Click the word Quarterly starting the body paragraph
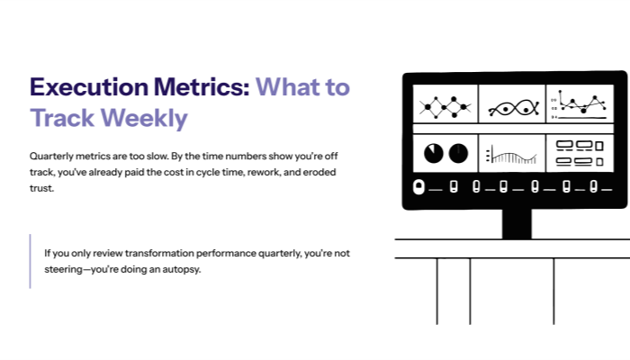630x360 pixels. pos(52,156)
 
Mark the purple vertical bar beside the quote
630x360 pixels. pos(30,261)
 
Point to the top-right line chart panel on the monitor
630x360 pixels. pos(579,104)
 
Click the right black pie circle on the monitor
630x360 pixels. pos(458,152)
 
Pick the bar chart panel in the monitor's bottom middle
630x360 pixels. pos(512,154)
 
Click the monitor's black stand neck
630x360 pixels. pos(516,222)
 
